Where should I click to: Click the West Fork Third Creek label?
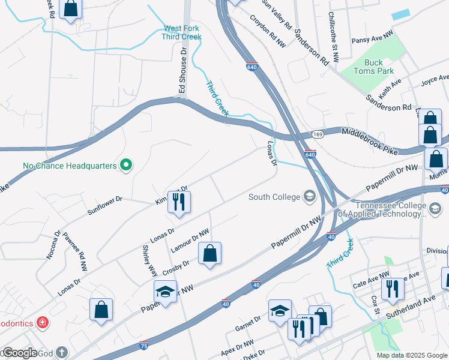181,32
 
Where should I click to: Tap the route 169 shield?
317,134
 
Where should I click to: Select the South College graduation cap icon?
309,197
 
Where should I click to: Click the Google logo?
19,353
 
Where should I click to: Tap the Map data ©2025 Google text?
411,355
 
